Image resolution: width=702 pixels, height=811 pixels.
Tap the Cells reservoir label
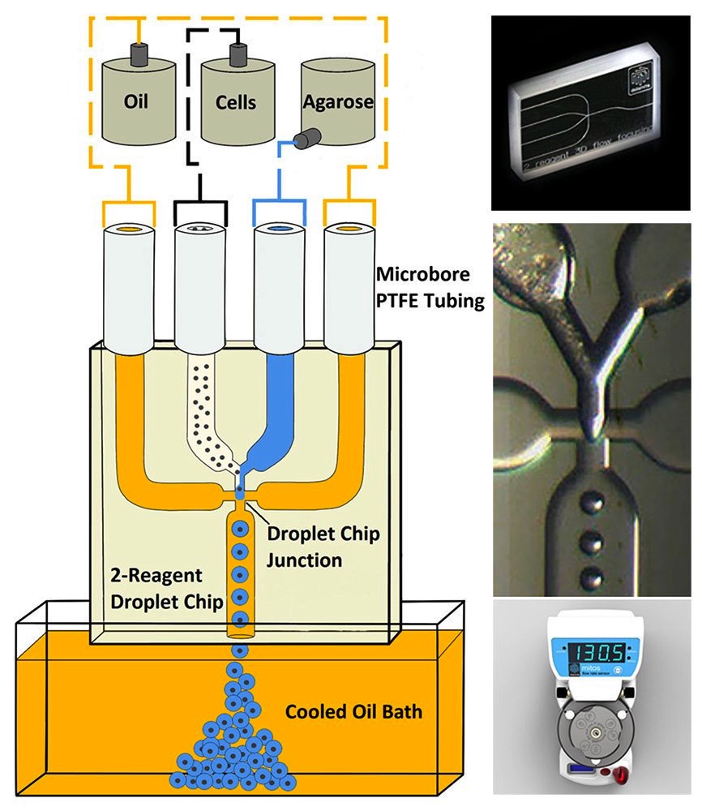click(236, 102)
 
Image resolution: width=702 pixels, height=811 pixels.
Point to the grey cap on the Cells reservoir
click(239, 54)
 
